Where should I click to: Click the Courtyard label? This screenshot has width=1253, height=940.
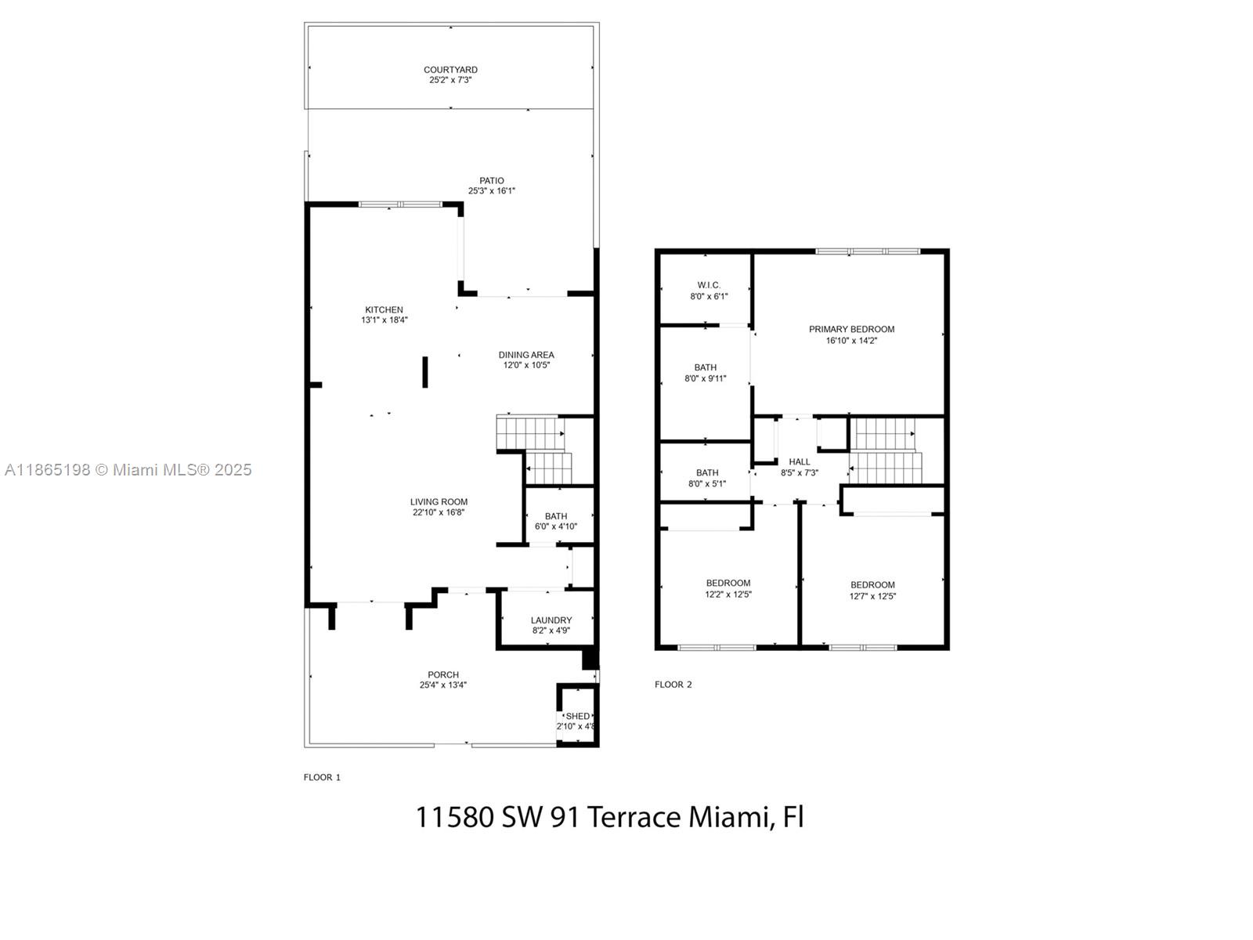[x=450, y=70]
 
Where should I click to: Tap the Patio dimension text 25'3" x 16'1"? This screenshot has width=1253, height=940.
[x=492, y=191]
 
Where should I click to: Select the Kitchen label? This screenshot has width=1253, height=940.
[x=384, y=309]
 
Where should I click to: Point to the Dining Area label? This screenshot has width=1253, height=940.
[x=526, y=355]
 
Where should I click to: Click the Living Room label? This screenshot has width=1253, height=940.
[x=439, y=502]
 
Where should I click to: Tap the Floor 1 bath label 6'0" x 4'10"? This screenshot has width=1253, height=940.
[x=556, y=526]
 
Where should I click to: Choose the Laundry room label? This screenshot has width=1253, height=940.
[x=551, y=620]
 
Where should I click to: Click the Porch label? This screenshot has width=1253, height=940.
[x=443, y=674]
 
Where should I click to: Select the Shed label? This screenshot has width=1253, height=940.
[x=578, y=716]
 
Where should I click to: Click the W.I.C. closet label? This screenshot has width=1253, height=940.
[x=709, y=285]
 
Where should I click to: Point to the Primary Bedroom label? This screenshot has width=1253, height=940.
[x=851, y=329]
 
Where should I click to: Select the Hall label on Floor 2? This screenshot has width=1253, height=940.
[x=800, y=461]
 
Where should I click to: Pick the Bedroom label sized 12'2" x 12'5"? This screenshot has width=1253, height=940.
[x=728, y=583]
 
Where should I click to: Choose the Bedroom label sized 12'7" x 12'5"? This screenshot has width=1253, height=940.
[x=872, y=584]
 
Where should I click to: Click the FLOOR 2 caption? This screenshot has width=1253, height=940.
[x=673, y=685]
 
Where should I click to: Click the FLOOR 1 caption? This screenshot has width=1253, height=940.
[x=322, y=777]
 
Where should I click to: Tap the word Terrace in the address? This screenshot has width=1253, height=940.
[x=634, y=817]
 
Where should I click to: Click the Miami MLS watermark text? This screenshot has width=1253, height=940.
[x=128, y=470]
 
